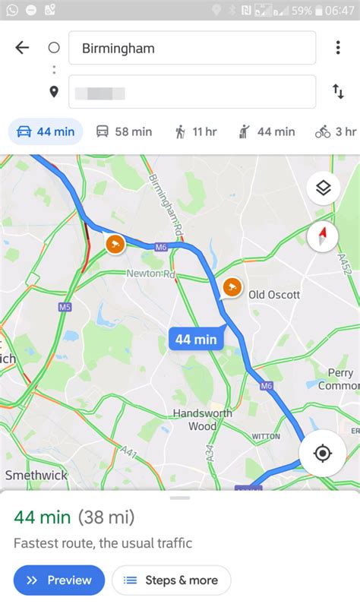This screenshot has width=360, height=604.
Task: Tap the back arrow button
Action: click(22, 48)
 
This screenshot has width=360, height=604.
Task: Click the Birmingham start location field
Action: click(192, 48)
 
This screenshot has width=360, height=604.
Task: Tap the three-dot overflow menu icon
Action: click(338, 48)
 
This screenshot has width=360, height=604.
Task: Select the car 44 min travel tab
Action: click(46, 131)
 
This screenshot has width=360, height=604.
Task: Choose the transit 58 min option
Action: click(124, 131)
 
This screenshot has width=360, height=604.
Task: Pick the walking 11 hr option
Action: click(194, 131)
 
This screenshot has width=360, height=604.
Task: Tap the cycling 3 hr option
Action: click(336, 131)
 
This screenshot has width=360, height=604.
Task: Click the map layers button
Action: click(323, 188)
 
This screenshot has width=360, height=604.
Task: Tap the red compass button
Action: click(323, 237)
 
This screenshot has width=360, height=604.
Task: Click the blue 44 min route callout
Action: click(196, 339)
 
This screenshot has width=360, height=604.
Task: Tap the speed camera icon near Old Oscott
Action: click(232, 287)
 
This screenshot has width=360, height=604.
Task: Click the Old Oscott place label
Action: click(274, 294)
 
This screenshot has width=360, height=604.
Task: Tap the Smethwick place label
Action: click(36, 475)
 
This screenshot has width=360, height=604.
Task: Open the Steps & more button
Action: click(172, 580)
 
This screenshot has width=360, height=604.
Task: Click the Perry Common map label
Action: click(338, 379)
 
